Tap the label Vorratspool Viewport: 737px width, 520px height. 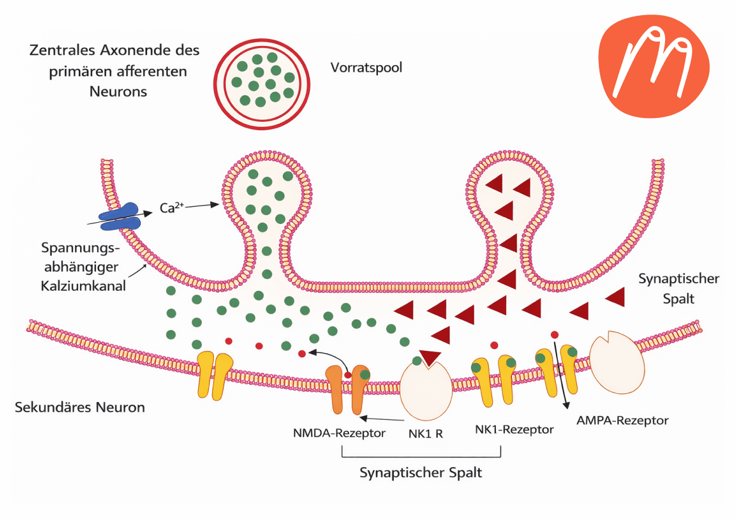[x=366, y=67]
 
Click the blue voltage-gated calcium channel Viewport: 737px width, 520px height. [x=129, y=216]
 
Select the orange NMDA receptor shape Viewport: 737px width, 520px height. [x=346, y=389]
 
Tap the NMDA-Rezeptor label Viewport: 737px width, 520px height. [x=339, y=434]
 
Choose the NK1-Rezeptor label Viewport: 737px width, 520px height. [x=514, y=430]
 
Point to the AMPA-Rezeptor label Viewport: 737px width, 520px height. [x=622, y=420]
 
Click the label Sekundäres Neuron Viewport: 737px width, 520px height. [x=80, y=407]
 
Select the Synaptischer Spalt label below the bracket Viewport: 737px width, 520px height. [x=421, y=472]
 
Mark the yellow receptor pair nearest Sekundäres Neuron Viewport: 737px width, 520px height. [x=215, y=375]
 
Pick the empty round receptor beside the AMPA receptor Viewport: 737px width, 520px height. [x=617, y=361]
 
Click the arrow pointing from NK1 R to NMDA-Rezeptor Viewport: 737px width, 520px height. [x=381, y=418]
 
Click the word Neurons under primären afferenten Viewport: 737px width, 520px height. [x=118, y=91]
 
